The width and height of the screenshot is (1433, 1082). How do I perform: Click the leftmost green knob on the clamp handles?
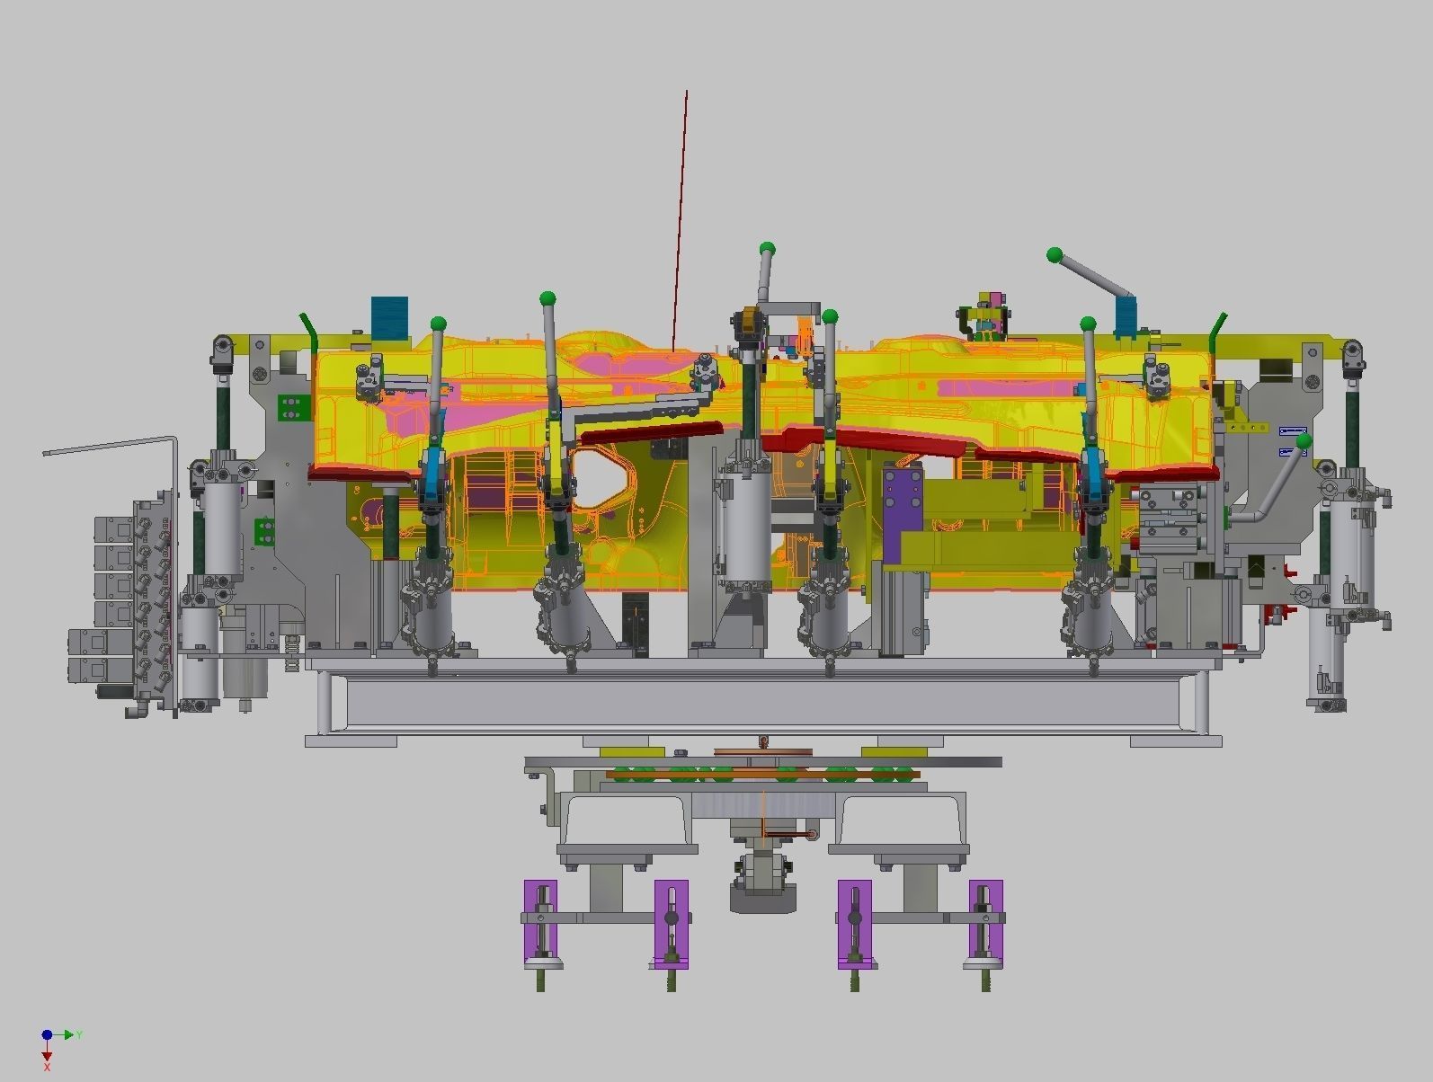439,324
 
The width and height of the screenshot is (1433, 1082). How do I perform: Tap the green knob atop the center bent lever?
767,249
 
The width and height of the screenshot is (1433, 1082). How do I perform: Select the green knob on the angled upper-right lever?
1055,255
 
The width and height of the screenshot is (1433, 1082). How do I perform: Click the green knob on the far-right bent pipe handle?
1304,440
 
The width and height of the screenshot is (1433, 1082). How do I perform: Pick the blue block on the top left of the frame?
389,317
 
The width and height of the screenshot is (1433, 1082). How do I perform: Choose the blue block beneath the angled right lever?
1126,317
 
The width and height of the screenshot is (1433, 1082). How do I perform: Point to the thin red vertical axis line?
681,216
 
